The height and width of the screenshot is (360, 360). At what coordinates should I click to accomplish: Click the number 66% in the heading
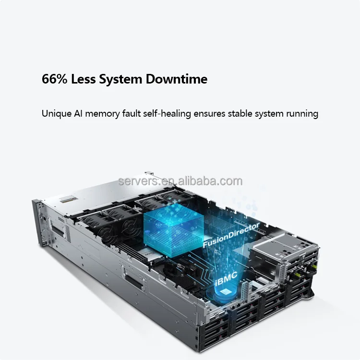point(55,79)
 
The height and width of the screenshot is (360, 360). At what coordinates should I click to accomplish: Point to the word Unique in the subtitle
point(55,114)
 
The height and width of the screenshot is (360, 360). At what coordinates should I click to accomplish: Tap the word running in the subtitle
point(302,114)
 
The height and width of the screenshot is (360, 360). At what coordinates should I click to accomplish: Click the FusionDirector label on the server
point(231,235)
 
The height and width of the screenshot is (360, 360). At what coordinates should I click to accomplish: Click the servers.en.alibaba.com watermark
point(180,181)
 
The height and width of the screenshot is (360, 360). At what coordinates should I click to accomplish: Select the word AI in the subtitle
point(77,114)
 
